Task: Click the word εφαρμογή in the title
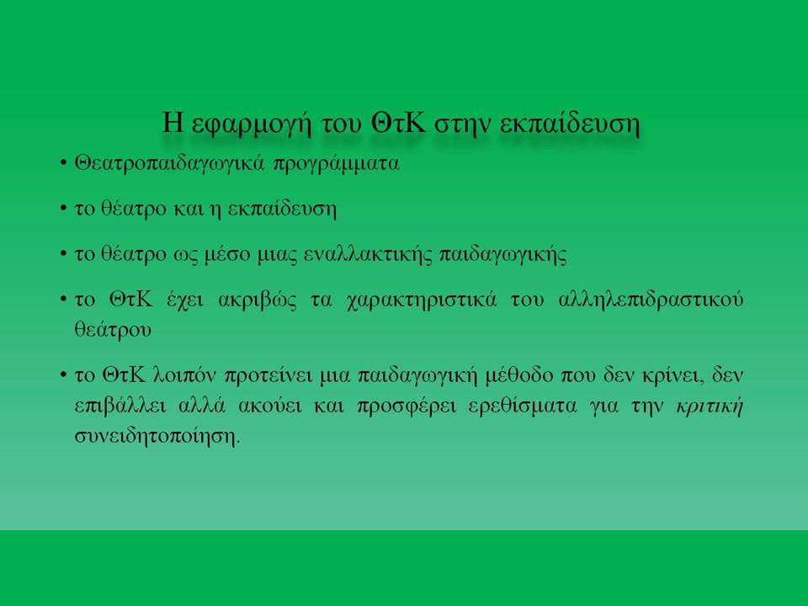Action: pos(251,125)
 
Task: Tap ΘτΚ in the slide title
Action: pos(398,123)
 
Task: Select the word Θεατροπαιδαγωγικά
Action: pos(169,164)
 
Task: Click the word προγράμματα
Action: pos(336,164)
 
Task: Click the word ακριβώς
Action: pos(258,300)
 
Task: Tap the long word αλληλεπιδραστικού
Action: pos(651,300)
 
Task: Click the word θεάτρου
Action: pos(113,330)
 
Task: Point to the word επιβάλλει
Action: pos(120,406)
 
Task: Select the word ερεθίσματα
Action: pos(523,406)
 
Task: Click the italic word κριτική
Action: pos(710,406)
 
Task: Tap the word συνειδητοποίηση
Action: pos(157,436)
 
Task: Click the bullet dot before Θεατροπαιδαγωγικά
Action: pos(63,164)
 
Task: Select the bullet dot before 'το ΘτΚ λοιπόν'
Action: pos(63,375)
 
